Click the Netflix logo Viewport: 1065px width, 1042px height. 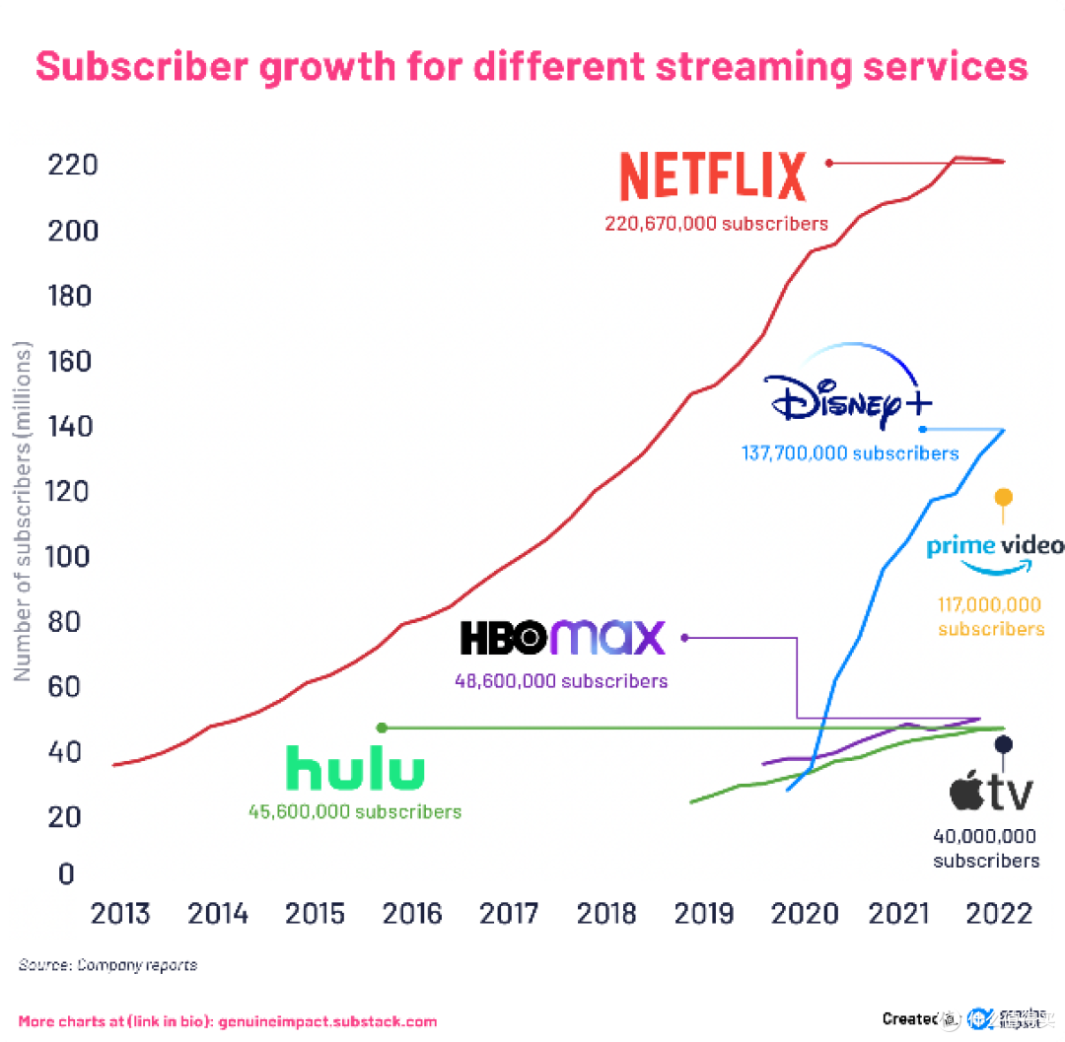point(712,177)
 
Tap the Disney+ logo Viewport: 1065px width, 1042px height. point(848,394)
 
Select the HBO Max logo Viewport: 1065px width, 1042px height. point(562,638)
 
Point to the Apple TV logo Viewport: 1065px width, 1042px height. point(990,792)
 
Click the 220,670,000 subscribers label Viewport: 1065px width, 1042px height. point(716,224)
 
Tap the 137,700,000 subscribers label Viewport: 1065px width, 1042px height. point(849,453)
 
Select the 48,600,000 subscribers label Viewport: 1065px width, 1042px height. point(561,681)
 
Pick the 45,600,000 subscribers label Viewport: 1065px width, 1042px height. point(355,812)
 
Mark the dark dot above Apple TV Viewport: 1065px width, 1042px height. point(1003,744)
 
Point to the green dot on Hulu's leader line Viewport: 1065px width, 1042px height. point(383,728)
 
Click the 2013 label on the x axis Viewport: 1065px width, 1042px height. point(120,914)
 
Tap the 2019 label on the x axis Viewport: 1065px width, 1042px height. point(704,914)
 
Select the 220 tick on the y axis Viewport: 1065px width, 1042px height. point(73,165)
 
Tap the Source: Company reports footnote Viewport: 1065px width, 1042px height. point(107,965)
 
